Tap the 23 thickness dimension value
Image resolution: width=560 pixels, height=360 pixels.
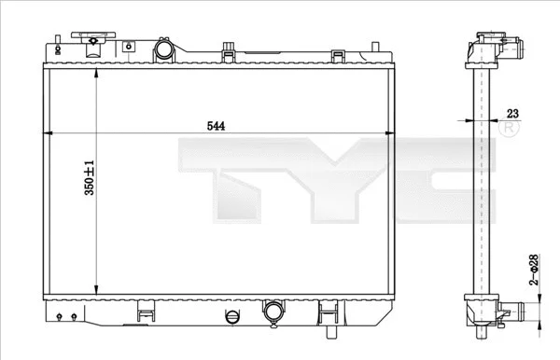pos(511,113)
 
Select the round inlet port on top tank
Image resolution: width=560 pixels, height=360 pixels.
pos(163,48)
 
